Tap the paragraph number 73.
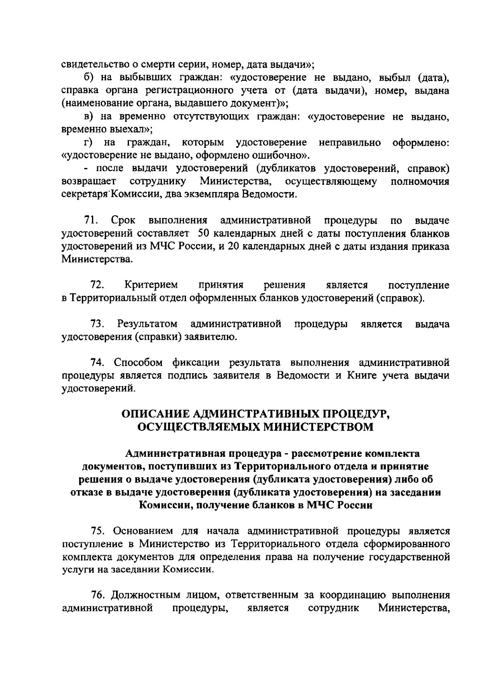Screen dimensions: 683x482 (98, 324)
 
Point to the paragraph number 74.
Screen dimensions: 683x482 (98, 363)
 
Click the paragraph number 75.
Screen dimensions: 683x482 (98, 531)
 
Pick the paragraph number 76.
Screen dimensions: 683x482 (98, 595)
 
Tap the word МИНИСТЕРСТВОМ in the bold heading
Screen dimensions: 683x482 (318, 427)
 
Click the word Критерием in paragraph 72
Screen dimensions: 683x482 (151, 285)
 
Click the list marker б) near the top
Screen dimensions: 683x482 (89, 78)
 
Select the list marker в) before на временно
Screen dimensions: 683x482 (89, 117)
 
